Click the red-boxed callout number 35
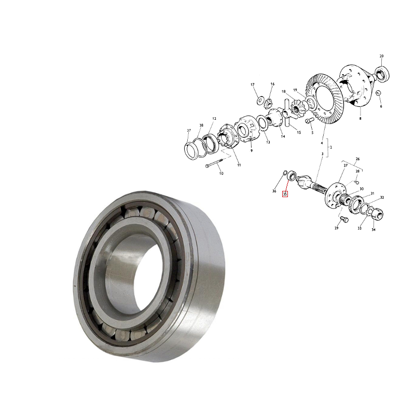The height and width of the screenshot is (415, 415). coord(285,194)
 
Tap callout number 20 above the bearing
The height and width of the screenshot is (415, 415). coord(381,56)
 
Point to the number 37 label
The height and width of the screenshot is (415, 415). coord(189,131)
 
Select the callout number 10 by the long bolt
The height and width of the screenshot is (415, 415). coord(222,173)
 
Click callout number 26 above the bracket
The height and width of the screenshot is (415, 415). coord(357,159)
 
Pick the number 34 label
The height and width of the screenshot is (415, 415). coord(373,230)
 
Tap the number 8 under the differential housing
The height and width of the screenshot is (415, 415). coord(360,119)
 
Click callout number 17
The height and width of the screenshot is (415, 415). coord(253,85)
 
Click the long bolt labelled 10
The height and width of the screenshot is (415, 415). coord(216,162)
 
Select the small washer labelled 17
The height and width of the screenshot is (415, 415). coord(260,101)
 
